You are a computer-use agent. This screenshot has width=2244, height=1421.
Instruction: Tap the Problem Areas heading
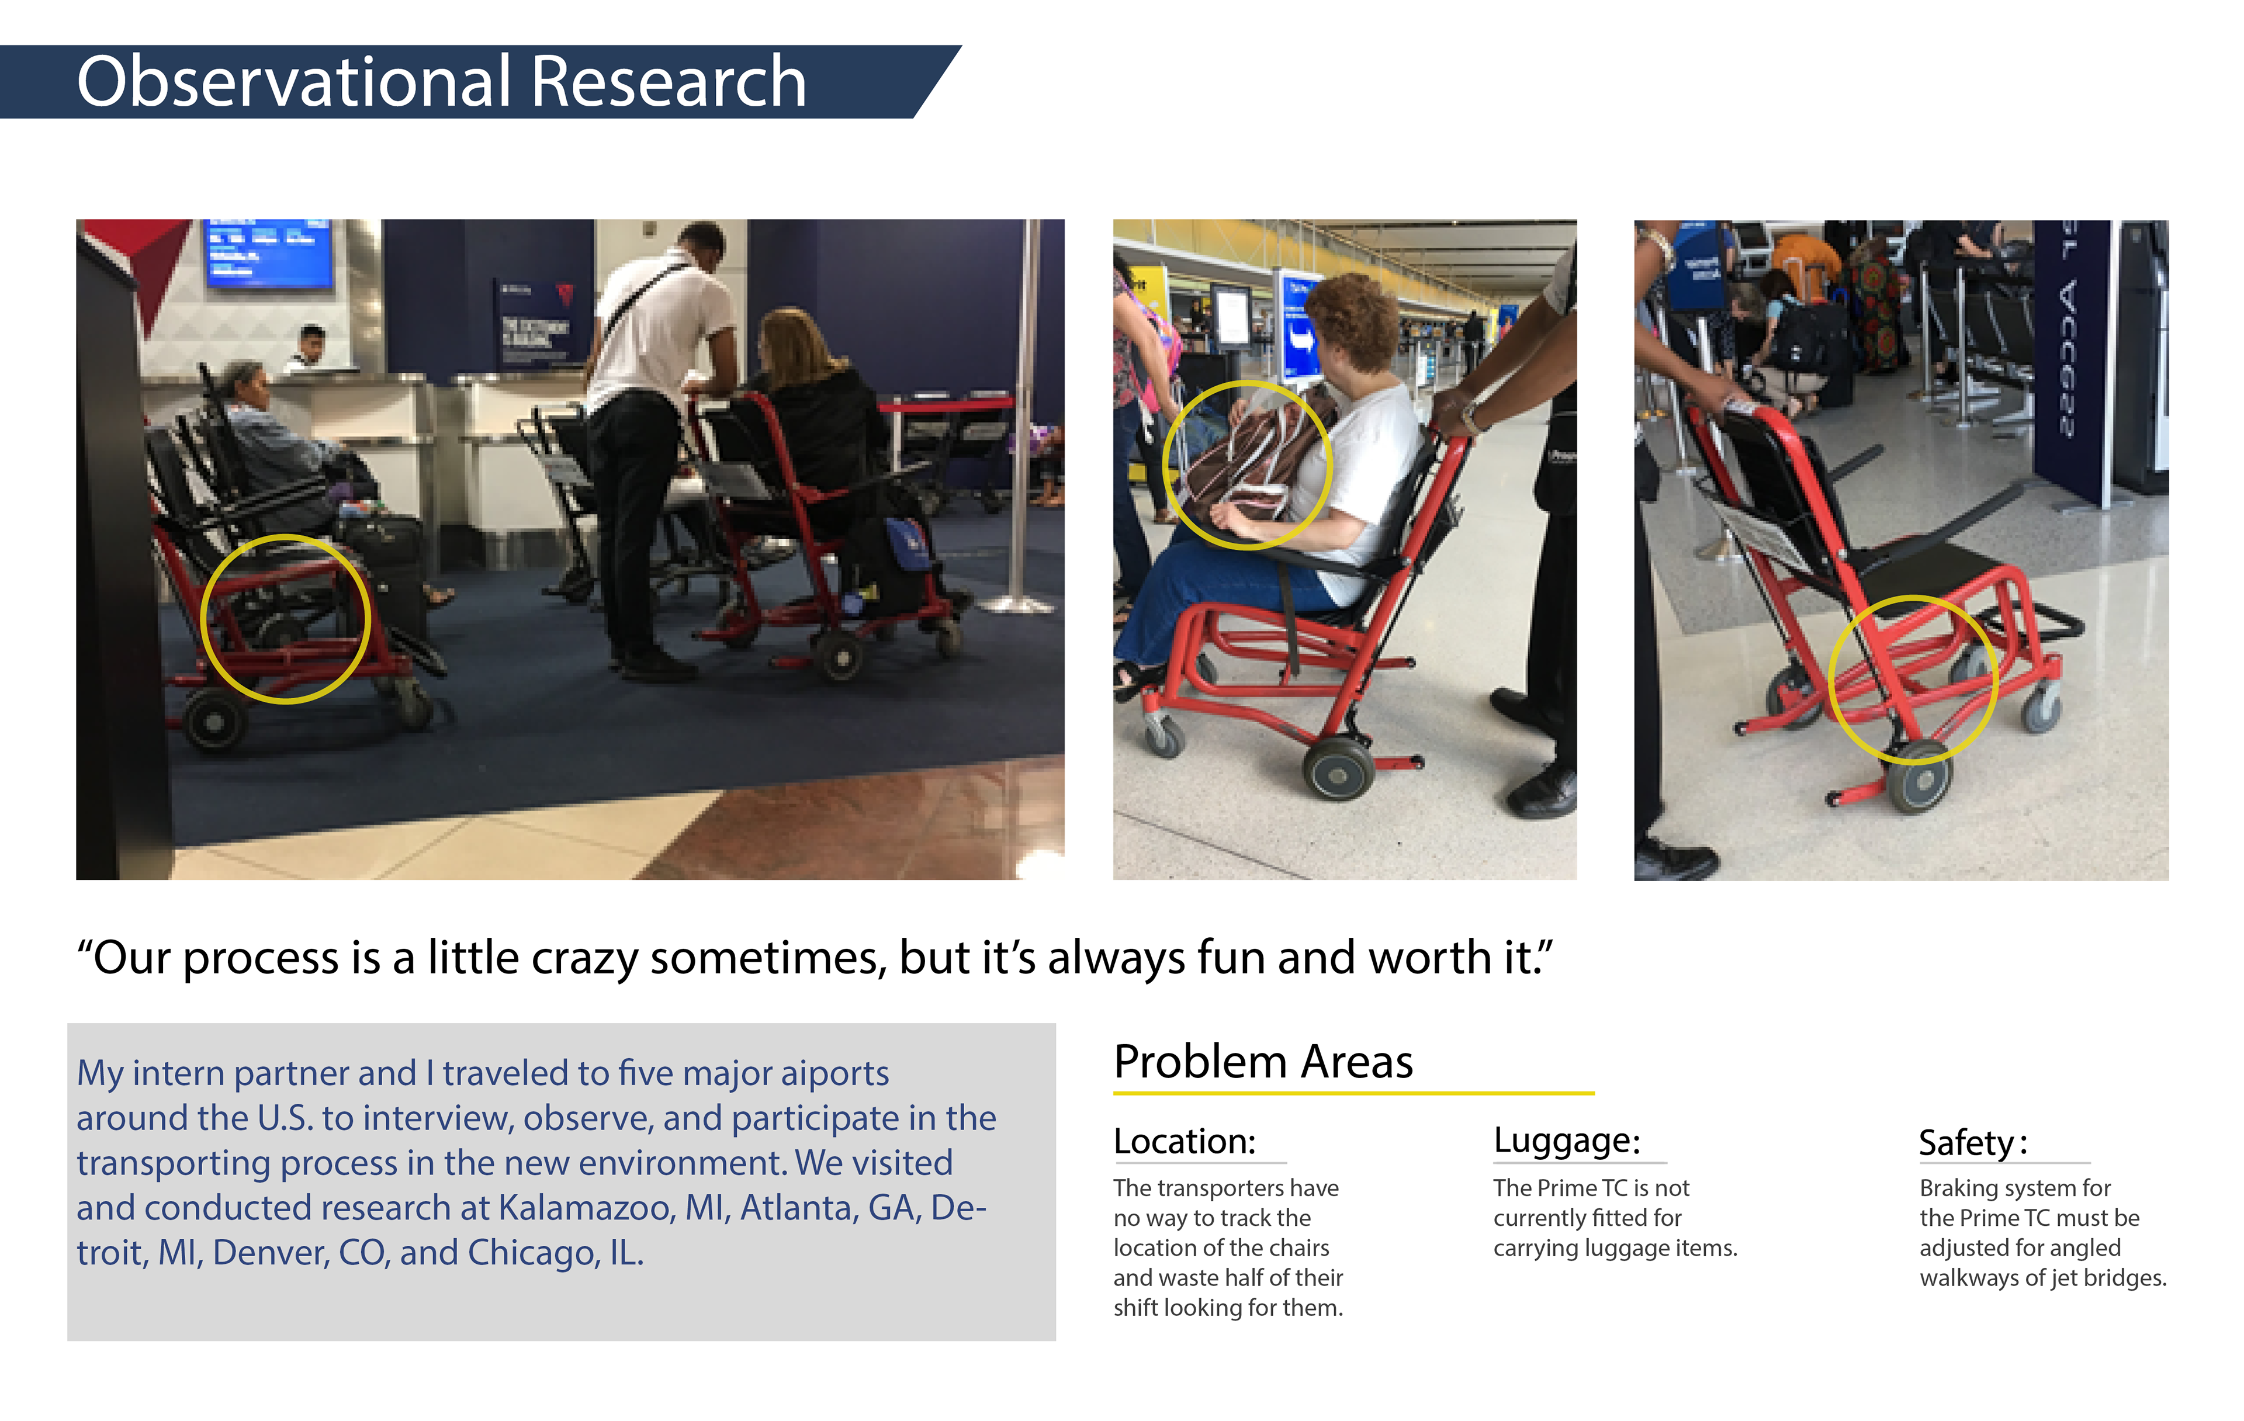click(x=1263, y=1062)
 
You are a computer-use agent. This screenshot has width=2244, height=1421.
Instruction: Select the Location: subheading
click(x=1185, y=1142)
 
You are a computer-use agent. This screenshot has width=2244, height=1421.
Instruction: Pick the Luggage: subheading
click(x=1567, y=1142)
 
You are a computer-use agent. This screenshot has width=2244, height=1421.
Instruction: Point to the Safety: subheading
click(x=1973, y=1144)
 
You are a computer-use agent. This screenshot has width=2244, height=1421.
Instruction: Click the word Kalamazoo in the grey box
click(x=585, y=1208)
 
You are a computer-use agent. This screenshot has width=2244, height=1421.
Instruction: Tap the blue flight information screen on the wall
click(x=268, y=252)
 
